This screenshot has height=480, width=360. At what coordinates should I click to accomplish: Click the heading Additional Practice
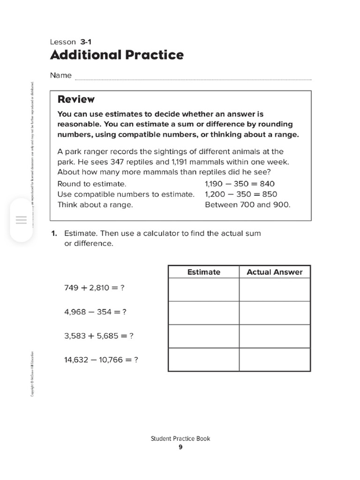(x=117, y=55)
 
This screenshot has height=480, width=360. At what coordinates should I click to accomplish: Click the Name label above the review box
(x=61, y=75)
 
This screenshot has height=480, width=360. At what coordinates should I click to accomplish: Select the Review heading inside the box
(x=75, y=99)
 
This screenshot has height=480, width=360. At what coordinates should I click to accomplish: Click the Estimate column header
(x=203, y=272)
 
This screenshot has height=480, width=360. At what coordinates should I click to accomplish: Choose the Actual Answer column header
(x=275, y=272)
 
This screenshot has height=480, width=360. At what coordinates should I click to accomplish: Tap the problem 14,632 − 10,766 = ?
(x=101, y=360)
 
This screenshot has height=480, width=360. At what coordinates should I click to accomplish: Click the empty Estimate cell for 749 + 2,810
(x=203, y=290)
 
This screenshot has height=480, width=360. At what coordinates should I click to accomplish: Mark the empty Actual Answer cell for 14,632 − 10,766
(x=275, y=360)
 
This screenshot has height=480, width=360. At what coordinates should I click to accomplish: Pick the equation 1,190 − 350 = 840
(x=240, y=184)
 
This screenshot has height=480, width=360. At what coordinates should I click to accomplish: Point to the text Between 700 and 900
(x=247, y=205)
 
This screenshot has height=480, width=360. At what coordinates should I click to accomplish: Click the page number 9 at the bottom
(x=180, y=447)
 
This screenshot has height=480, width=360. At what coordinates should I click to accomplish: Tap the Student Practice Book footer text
(x=180, y=439)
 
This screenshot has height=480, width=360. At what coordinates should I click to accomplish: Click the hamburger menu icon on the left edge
(x=21, y=220)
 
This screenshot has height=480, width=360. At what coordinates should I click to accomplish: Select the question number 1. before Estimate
(x=54, y=233)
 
